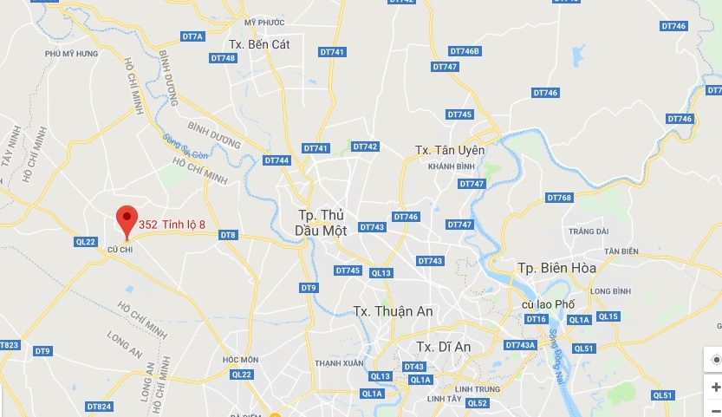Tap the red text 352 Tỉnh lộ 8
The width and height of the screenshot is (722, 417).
point(172,225)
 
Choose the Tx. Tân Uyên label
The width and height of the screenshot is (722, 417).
point(451,150)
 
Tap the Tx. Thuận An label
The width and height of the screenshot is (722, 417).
point(394,311)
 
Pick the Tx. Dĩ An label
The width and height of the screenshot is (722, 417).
point(443,346)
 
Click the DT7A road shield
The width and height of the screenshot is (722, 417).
point(192,36)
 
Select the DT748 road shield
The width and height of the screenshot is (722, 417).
point(223,58)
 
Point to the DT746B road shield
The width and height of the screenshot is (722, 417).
point(465,51)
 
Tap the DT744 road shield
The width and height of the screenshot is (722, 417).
point(276,160)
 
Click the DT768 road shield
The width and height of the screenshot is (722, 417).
point(559,198)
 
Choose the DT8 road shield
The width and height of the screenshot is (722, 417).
point(228,235)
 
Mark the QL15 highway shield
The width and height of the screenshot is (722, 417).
point(608,316)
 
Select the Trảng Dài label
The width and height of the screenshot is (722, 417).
point(589,231)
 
